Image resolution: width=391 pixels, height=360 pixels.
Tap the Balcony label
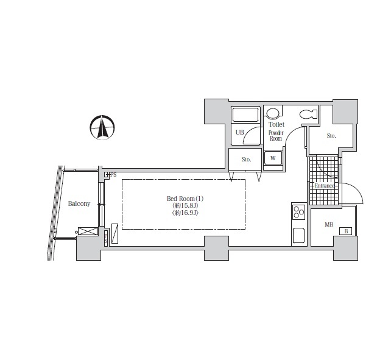[79, 203]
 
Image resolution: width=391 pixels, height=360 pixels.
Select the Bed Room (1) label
[185, 199]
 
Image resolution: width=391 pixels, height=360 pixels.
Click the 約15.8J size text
[185, 206]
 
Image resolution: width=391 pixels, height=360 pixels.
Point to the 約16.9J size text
[185, 213]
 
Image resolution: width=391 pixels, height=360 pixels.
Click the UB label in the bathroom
[239, 132]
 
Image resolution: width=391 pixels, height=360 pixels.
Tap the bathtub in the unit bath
[246, 115]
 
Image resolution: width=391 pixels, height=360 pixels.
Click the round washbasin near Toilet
[274, 113]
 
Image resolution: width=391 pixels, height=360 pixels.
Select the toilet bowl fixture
[308, 113]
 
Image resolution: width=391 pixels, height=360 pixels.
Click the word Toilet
[277, 124]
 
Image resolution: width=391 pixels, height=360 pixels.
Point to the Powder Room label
[276, 135]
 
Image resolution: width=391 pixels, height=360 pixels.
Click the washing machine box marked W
[273, 158]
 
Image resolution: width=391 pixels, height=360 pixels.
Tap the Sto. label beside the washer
[246, 160]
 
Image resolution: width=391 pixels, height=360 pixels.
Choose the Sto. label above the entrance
[331, 136]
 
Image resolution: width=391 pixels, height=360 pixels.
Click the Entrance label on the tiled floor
[324, 185]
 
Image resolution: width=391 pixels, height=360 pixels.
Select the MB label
[329, 225]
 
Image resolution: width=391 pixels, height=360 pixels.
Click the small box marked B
[346, 231]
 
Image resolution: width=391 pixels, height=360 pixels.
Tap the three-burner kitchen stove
[298, 212]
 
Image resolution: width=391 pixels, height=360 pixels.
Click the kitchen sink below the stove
[298, 235]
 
